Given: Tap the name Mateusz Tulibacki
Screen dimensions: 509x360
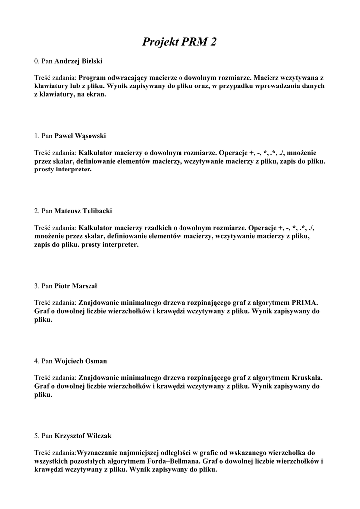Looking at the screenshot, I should pos(83,211).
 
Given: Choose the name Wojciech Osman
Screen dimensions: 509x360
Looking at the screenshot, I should pos(81,361).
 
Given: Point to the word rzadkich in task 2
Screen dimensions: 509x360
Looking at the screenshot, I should pos(158,228).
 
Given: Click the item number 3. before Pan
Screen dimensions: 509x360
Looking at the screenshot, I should pos(37,286).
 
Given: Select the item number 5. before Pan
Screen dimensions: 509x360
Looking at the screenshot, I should pos(37,436).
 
